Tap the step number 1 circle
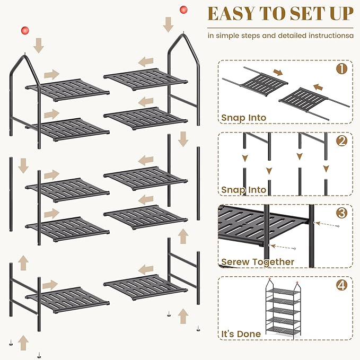(341, 68)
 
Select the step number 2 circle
(341, 141)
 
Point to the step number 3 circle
(341, 213)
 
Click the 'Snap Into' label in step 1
(244, 118)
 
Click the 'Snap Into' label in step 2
(244, 189)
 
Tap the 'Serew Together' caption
(258, 262)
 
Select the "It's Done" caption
(241, 334)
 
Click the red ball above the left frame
(23, 30)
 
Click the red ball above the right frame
(183, 10)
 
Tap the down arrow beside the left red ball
(38, 45)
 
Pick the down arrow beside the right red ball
(169, 24)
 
